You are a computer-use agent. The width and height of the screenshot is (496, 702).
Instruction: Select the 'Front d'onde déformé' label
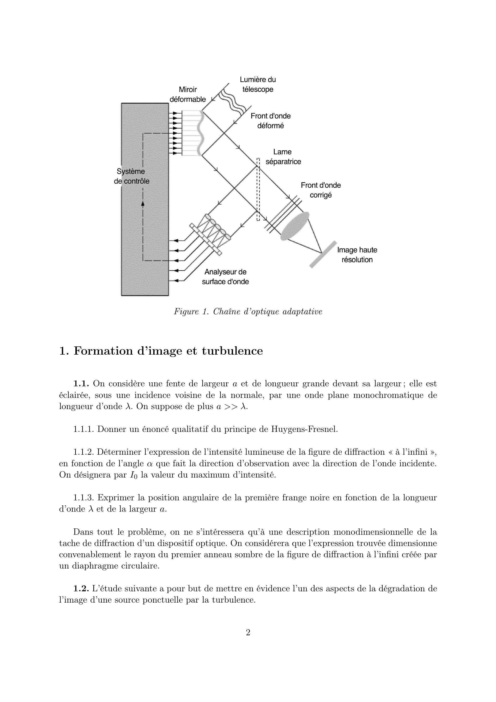pos(270,121)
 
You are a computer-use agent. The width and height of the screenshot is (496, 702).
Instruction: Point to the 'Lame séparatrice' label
pos(283,157)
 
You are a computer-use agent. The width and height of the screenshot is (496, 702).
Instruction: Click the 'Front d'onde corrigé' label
pos(321,190)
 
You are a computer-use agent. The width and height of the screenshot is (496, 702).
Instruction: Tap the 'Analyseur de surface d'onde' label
pos(225,277)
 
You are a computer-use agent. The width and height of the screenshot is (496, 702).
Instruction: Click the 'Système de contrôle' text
pos(132,176)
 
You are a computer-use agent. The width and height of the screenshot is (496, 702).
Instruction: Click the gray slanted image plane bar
pos(323,254)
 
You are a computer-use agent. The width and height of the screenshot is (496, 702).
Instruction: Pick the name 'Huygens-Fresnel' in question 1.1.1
pos(304,429)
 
